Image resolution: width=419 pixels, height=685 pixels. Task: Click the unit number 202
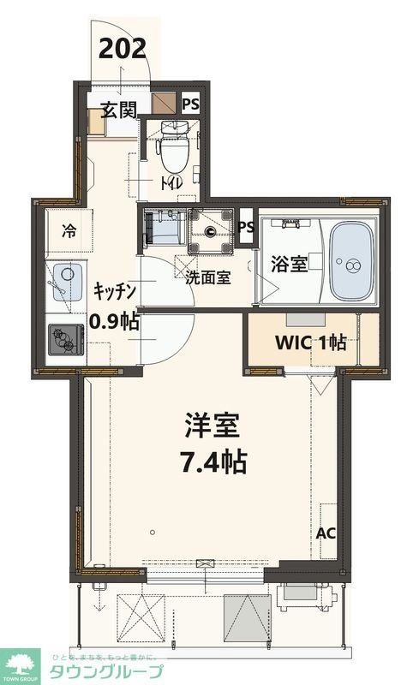(x=123, y=47)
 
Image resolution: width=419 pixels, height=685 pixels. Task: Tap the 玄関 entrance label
(x=118, y=110)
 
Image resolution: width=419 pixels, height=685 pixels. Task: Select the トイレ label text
(x=168, y=182)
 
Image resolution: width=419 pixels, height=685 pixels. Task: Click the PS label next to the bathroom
(x=246, y=227)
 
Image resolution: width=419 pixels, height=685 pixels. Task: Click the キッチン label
(x=115, y=290)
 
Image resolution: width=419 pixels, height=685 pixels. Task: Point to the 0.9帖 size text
(x=115, y=322)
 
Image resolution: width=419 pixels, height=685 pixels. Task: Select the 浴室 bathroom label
(x=289, y=263)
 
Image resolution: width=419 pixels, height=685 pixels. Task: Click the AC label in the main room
(x=326, y=533)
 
